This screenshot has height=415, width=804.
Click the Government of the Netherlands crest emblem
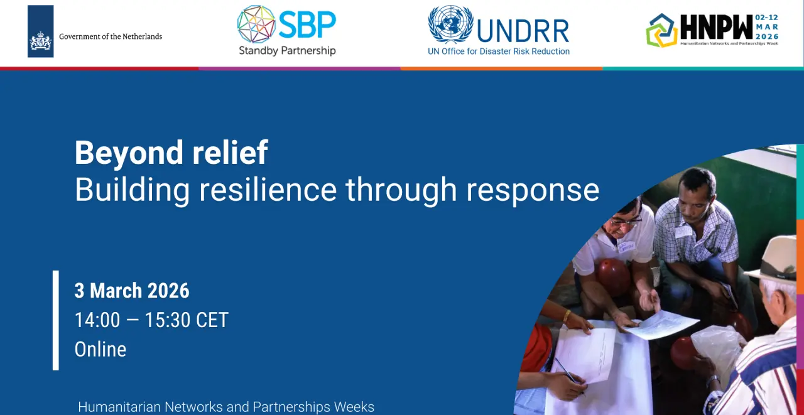41,41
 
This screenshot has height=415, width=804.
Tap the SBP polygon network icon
256,24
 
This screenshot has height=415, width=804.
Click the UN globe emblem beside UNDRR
450,24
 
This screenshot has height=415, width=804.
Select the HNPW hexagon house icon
661,31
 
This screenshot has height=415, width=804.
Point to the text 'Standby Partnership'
287,51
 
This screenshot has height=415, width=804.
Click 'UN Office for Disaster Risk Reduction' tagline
499,51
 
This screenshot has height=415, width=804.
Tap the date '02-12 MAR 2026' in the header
767,27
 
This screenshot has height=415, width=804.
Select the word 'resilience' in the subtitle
268,190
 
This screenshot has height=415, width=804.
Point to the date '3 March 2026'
132,291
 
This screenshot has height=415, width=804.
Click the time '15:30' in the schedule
167,320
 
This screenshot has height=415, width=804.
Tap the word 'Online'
100,349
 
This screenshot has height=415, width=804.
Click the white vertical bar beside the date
56,320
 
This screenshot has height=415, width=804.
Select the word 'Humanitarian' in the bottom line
119,407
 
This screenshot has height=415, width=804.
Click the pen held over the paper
570,375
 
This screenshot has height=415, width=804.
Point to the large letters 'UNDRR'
523,31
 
